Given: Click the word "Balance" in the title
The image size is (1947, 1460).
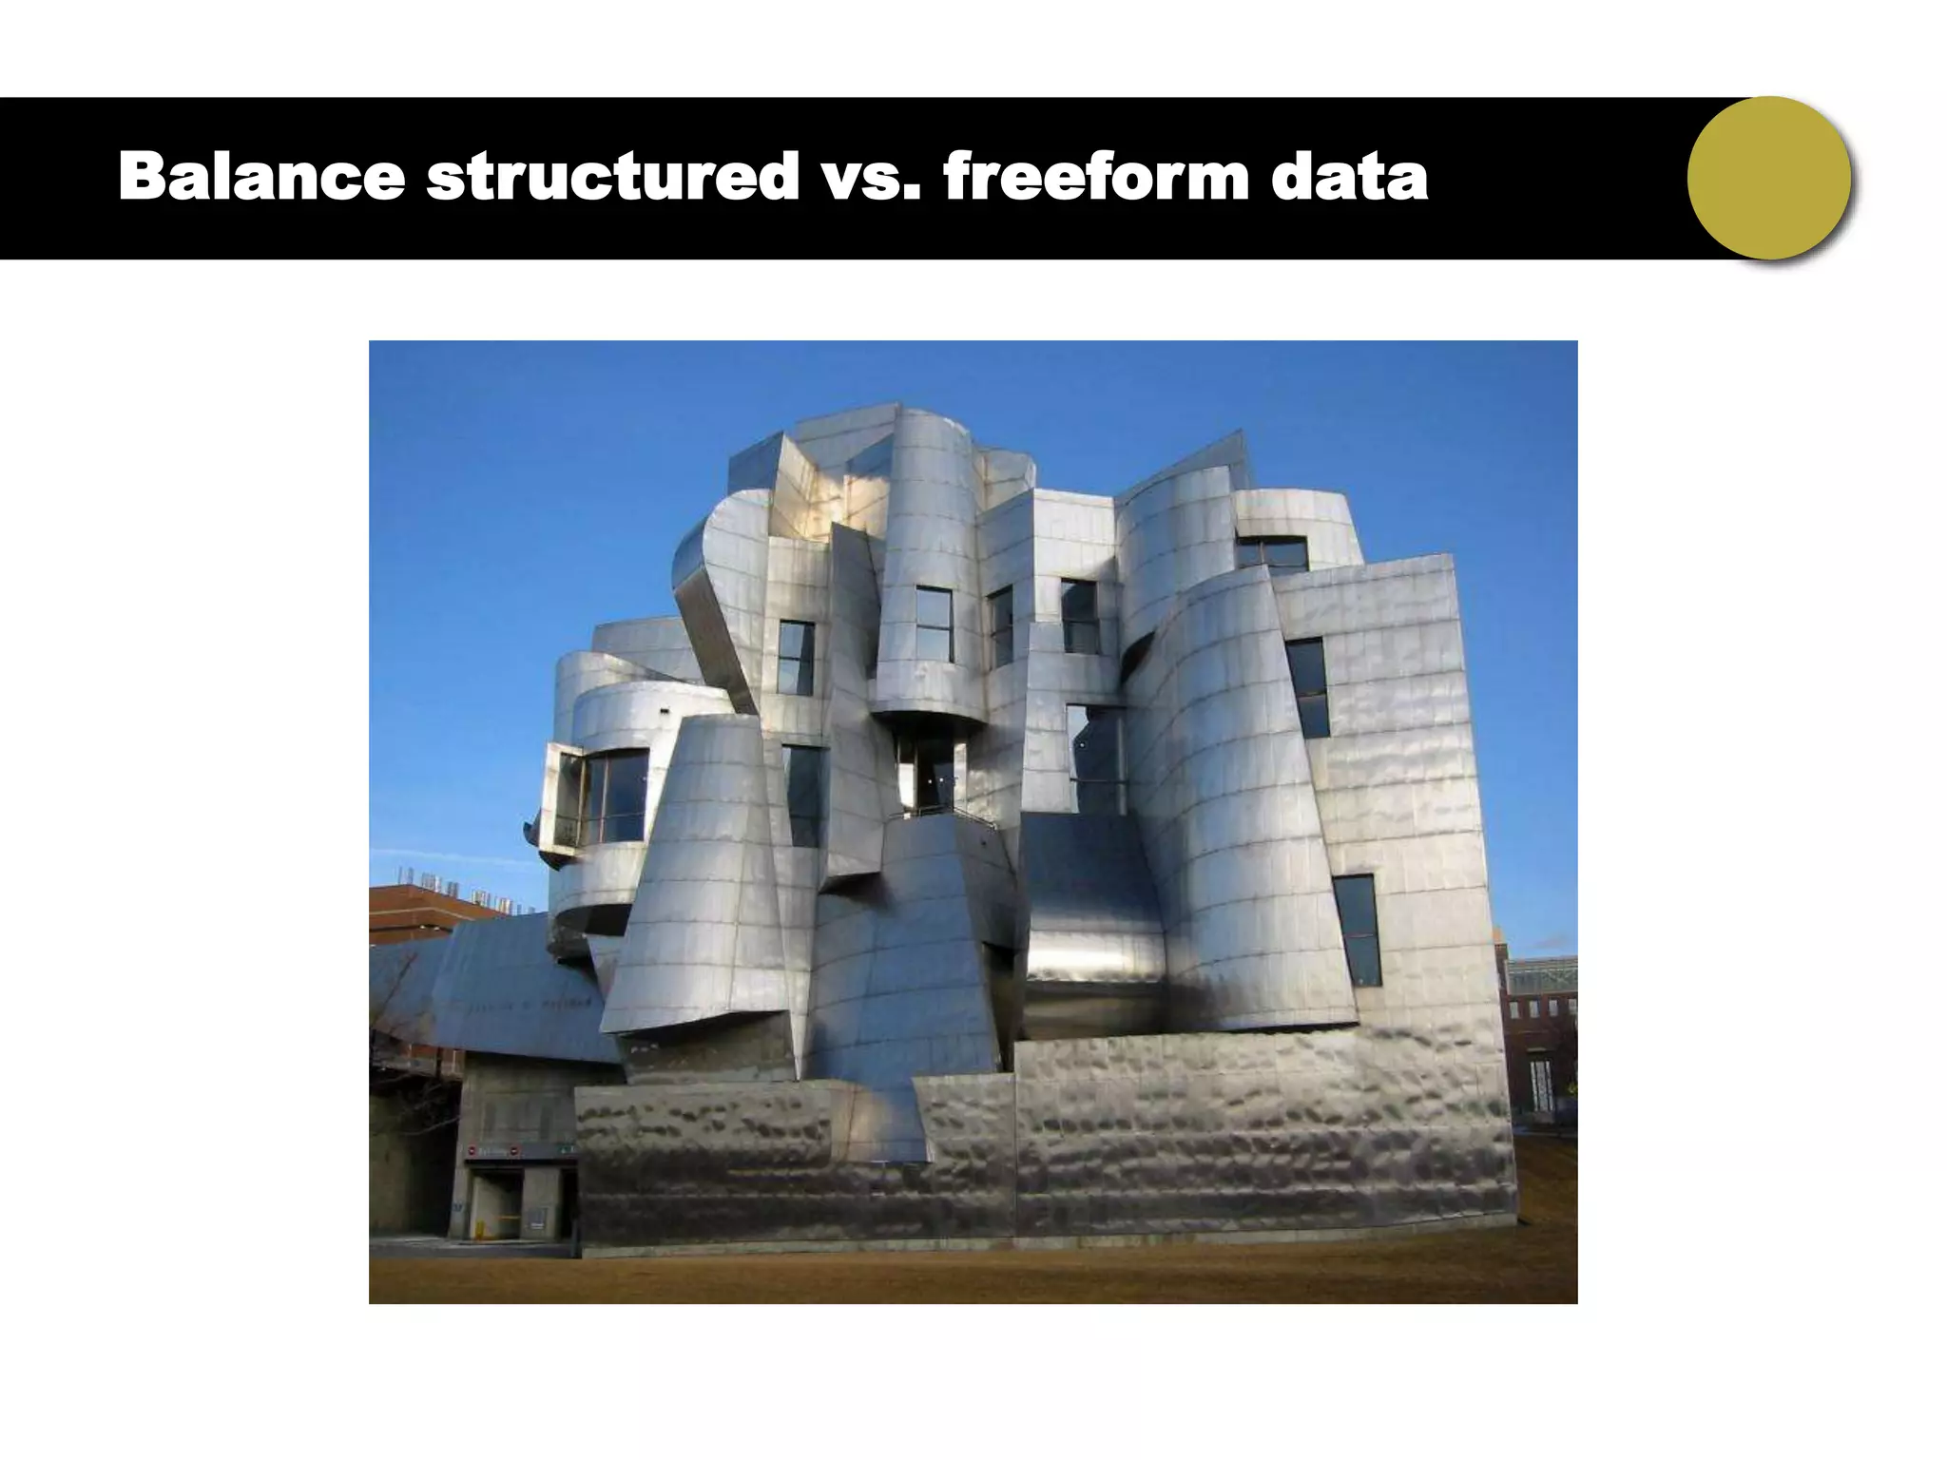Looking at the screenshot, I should (261, 177).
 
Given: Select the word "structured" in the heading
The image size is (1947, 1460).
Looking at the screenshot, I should (612, 177).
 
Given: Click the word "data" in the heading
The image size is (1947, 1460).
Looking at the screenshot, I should (1349, 177).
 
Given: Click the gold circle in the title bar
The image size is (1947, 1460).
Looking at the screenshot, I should (1769, 179).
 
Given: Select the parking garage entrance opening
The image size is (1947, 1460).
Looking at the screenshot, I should (504, 1202).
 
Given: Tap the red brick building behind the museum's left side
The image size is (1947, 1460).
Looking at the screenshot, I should (428, 912).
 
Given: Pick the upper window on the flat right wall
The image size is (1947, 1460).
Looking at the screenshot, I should (1309, 686).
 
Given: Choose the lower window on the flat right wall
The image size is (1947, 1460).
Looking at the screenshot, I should (1357, 930).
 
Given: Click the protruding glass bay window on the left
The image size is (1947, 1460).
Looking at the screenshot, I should (599, 798).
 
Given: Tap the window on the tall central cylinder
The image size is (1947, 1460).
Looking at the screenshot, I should (934, 624).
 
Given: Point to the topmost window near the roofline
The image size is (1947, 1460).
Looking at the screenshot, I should (1272, 553).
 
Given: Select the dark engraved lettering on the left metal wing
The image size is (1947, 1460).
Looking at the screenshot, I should (532, 1004).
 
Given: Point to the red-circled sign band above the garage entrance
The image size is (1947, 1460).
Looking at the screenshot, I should (518, 1151).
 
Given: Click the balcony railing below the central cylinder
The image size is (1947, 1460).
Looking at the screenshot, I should (936, 813).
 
